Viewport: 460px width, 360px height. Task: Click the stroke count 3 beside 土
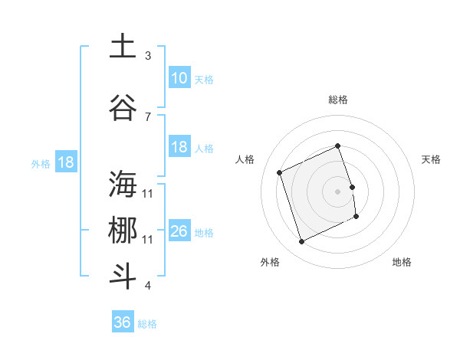[148, 56]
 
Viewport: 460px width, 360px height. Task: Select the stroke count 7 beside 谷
[148, 116]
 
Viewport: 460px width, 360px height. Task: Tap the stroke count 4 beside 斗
[148, 286]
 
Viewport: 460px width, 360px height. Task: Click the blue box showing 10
[179, 78]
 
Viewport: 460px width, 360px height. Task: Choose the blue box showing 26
[179, 231]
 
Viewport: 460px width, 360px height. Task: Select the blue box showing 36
[123, 322]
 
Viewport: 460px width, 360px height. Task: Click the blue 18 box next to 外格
[65, 162]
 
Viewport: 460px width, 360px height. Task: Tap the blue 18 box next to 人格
[179, 147]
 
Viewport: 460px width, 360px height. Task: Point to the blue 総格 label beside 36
[147, 323]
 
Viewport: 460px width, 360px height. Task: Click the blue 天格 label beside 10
[204, 79]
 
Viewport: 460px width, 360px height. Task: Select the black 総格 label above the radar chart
[338, 100]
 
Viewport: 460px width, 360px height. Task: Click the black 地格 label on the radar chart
[402, 262]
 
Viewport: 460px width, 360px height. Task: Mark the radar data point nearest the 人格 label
[280, 172]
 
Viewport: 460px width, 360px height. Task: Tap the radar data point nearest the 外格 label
[301, 242]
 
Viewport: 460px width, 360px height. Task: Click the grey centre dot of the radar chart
[338, 191]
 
